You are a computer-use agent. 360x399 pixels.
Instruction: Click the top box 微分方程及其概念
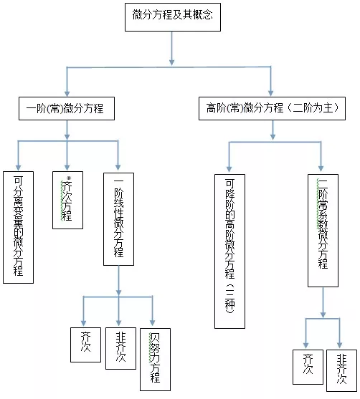pyautogui.click(x=172, y=16)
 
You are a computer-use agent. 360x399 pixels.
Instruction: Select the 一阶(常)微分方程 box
pyautogui.click(x=66, y=109)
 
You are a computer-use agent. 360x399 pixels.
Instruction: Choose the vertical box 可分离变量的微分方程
pyautogui.click(x=19, y=226)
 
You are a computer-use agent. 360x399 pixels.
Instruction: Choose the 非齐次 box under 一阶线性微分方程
pyautogui.click(x=119, y=347)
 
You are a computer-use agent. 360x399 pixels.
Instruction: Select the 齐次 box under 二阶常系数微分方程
pyautogui.click(x=308, y=367)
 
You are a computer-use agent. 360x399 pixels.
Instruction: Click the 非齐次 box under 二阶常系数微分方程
pyautogui.click(x=341, y=370)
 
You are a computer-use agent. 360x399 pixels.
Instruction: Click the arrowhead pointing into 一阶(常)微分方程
pyautogui.click(x=67, y=92)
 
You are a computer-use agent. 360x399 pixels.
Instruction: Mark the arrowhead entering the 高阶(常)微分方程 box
pyautogui.click(x=271, y=92)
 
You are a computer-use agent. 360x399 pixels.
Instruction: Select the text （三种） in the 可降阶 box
pyautogui.click(x=229, y=302)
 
